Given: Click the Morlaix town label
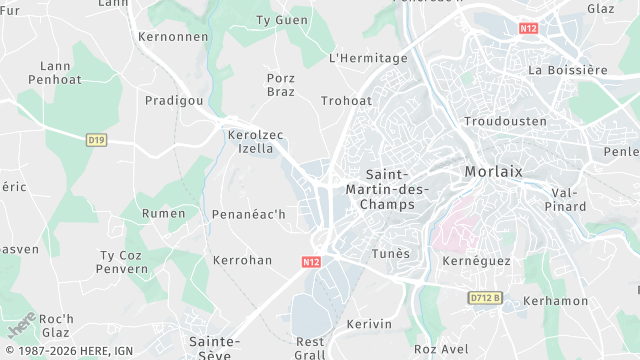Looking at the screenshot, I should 493,172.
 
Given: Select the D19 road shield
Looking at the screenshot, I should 96,140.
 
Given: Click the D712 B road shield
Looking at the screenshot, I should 485,297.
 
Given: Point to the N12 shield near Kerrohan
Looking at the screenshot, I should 310,260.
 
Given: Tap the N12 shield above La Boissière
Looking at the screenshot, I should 529,28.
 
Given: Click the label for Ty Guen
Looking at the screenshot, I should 282,20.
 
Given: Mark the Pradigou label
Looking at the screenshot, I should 174,101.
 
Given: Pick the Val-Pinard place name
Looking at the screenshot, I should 565,199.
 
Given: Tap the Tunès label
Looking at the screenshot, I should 390,254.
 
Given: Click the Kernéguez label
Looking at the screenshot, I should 476,261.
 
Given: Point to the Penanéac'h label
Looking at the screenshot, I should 249,214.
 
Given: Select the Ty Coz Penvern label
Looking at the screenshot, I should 122,262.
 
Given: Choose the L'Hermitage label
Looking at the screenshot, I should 368,58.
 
